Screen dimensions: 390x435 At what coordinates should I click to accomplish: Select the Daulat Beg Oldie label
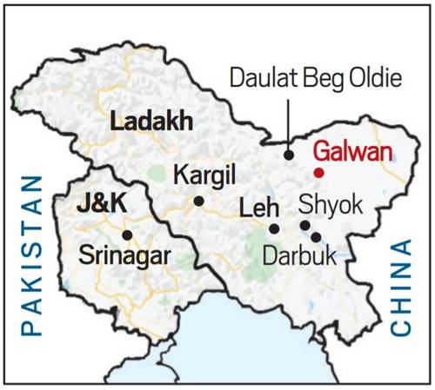(316, 79)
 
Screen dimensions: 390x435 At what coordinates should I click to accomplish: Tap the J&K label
(104, 208)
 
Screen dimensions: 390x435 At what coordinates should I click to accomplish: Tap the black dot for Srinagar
(127, 235)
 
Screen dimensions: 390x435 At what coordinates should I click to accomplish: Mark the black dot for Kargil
(199, 201)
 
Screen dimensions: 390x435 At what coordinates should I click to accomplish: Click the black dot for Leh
(274, 228)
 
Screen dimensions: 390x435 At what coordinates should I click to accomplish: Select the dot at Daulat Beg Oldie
(289, 155)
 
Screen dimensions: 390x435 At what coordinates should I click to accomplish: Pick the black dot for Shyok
(304, 226)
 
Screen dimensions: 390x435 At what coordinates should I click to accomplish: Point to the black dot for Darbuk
(316, 236)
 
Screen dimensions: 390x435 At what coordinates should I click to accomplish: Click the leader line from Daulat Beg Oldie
(289, 122)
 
